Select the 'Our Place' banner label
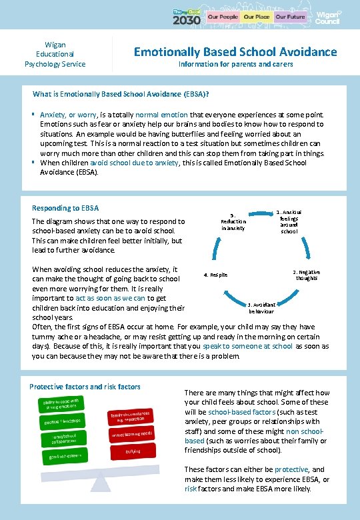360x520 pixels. coord(256,16)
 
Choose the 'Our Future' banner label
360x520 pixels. coord(290,16)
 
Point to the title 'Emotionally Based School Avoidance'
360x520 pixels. coord(235,52)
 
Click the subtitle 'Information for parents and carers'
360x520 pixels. coord(235,65)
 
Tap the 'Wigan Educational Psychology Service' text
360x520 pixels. coord(55,54)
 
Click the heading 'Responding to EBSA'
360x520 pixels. coord(65,208)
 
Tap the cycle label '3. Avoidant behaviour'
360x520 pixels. coord(261,308)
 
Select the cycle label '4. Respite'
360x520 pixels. coord(216,275)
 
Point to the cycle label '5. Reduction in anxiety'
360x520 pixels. coord(233,221)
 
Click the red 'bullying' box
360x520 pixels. coord(133,451)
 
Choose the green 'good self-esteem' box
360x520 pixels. coord(65,455)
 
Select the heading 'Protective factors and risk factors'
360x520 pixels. coord(85,387)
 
